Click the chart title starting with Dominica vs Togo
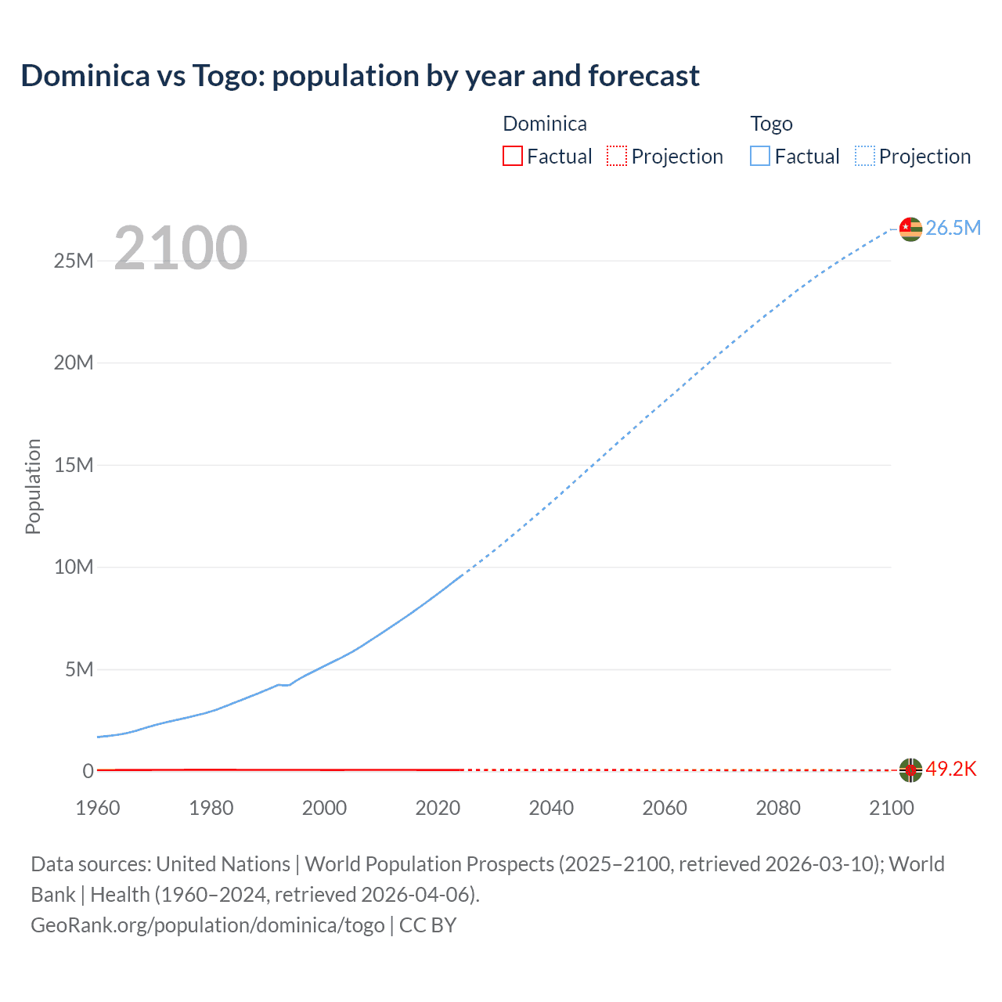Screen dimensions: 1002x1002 (x=360, y=76)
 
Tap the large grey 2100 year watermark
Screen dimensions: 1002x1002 (x=181, y=248)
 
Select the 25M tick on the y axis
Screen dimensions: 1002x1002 (x=74, y=261)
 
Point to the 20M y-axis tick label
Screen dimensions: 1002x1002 (x=74, y=362)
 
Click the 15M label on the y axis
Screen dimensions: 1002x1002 (x=74, y=465)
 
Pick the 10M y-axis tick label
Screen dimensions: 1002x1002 (x=74, y=567)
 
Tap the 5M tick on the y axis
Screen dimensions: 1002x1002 (x=79, y=669)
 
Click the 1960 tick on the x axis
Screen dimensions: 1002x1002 (x=98, y=808)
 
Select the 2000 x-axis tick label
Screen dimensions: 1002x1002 (x=324, y=808)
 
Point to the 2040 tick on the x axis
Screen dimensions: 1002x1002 (x=551, y=808)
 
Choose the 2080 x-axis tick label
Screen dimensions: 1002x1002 (x=778, y=808)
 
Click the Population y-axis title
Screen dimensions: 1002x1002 (x=33, y=486)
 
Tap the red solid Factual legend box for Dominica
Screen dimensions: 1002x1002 (x=512, y=156)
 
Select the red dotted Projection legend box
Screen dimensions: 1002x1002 (x=617, y=156)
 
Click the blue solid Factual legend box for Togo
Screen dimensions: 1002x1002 (x=759, y=156)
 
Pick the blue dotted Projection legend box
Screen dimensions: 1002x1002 (x=865, y=156)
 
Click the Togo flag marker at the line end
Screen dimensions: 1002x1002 (x=910, y=229)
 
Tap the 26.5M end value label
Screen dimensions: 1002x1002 (x=953, y=228)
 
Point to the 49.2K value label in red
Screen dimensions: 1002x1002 (x=951, y=769)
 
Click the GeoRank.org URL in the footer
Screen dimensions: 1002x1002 (x=207, y=925)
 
